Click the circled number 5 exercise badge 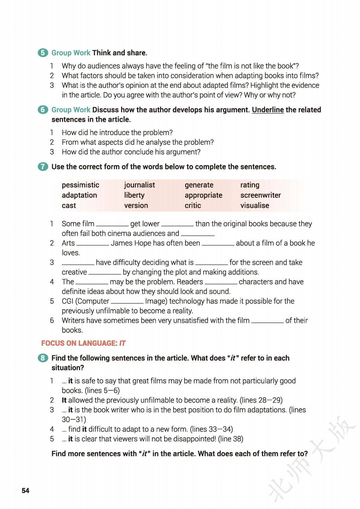(x=43, y=53)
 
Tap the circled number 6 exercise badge (x=43, y=110)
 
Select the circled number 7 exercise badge (x=43, y=167)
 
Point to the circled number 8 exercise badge (x=43, y=358)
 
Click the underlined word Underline (x=268, y=110)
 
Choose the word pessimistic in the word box (x=80, y=185)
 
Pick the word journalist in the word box (x=139, y=185)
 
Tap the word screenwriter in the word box (x=260, y=195)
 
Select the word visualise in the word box (x=255, y=206)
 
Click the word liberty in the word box (x=134, y=195)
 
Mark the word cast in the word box (x=69, y=206)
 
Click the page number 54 (x=25, y=491)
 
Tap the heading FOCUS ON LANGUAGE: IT (x=83, y=343)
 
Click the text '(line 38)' (x=231, y=439)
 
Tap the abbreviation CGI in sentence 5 (x=67, y=301)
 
